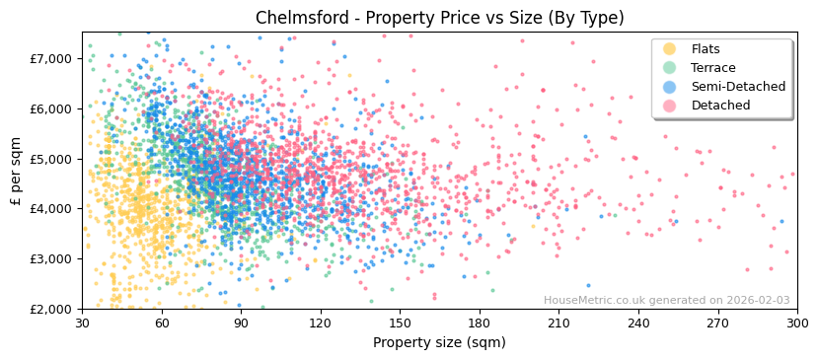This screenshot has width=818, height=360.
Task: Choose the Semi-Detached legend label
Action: click(x=738, y=87)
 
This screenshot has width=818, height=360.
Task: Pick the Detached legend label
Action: click(x=720, y=106)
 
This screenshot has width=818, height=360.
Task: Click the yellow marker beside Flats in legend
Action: click(x=670, y=49)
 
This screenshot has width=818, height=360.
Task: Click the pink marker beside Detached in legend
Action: click(x=670, y=106)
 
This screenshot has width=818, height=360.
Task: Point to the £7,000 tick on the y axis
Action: click(x=50, y=58)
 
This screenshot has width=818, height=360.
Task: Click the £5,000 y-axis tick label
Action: click(x=50, y=159)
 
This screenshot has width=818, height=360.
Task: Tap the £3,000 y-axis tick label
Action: click(x=50, y=258)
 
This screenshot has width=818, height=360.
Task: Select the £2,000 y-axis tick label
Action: click(x=50, y=309)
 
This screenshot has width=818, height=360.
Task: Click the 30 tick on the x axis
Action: click(x=82, y=324)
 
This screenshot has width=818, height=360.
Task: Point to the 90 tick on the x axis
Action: click(x=241, y=324)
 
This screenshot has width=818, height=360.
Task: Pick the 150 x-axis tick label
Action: click(x=400, y=324)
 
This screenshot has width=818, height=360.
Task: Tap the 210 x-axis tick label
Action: click(x=558, y=324)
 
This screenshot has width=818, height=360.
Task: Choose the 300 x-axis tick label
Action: click(x=796, y=324)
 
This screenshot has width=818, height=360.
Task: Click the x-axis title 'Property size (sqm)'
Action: click(x=439, y=342)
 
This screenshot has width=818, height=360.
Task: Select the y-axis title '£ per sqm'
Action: click(x=16, y=170)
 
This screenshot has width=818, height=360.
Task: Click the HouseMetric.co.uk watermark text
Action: click(x=666, y=301)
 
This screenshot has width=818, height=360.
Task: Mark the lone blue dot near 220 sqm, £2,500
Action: click(x=588, y=286)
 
